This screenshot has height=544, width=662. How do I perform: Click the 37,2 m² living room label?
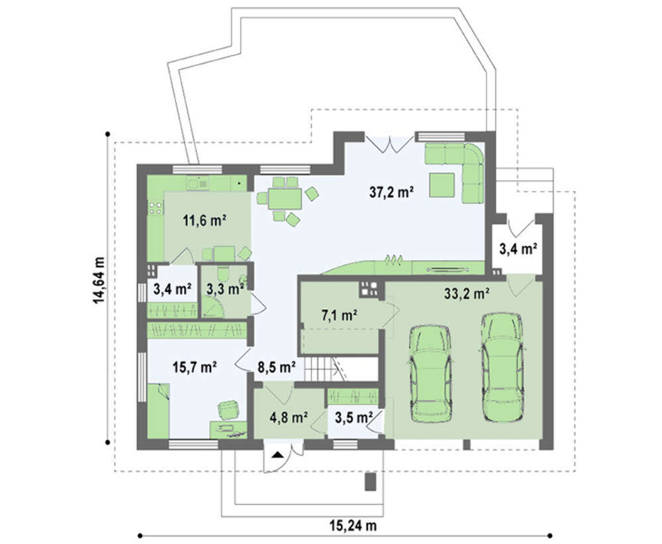pyautogui.click(x=391, y=193)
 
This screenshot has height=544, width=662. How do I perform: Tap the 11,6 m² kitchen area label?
pyautogui.click(x=205, y=220)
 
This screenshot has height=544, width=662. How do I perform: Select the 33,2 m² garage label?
pyautogui.click(x=467, y=293)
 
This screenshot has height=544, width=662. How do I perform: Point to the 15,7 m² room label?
pyautogui.click(x=194, y=367)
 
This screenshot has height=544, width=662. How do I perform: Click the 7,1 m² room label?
pyautogui.click(x=340, y=315)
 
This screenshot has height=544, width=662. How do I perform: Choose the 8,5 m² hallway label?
pyautogui.click(x=276, y=367)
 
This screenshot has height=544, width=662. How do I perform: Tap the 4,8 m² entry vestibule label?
pyautogui.click(x=289, y=418)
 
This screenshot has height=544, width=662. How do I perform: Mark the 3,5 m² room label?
pyautogui.click(x=354, y=418)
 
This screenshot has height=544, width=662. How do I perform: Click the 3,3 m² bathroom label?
pyautogui.click(x=225, y=289)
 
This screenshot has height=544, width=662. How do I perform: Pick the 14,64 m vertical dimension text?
pyautogui.click(x=99, y=280)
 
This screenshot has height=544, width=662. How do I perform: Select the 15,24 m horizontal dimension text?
pyautogui.click(x=353, y=526)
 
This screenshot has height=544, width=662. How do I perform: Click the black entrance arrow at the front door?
pyautogui.click(x=277, y=455)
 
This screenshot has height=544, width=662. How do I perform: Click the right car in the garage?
pyautogui.click(x=502, y=367)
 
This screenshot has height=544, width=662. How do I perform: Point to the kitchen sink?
pyautogui.click(x=197, y=183)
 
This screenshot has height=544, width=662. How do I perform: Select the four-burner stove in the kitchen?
pyautogui.click(x=155, y=208)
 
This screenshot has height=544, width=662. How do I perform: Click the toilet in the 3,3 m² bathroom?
pyautogui.click(x=223, y=273)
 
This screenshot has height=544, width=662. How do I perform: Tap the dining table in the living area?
pyautogui.click(x=285, y=199)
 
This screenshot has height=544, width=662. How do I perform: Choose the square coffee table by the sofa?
pyautogui.click(x=442, y=185)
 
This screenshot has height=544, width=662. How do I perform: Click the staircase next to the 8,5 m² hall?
pyautogui.click(x=341, y=369)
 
